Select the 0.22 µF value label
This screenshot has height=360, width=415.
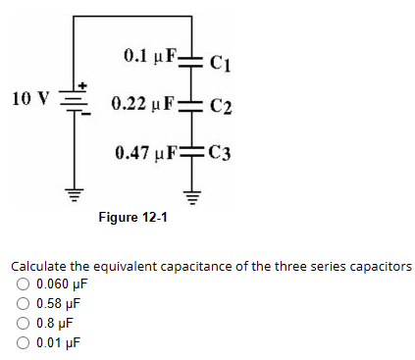(x=143, y=103)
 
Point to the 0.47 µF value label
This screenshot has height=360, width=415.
(x=147, y=152)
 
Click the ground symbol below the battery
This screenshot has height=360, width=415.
(x=75, y=186)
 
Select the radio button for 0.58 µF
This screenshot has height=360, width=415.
(x=21, y=304)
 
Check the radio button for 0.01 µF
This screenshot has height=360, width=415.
(x=21, y=342)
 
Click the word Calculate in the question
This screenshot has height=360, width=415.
(x=37, y=267)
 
